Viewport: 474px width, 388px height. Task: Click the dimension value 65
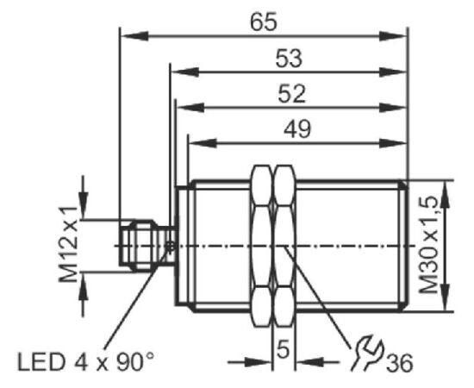click(264, 22)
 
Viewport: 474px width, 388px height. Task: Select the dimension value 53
click(289, 59)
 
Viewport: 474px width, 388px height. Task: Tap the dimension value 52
click(291, 94)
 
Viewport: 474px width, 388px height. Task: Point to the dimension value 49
click(297, 129)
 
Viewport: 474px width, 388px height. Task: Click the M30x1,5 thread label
click(428, 245)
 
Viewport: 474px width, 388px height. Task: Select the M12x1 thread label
click(69, 244)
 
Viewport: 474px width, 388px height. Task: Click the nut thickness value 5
click(283, 349)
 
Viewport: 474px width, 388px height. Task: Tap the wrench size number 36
click(399, 363)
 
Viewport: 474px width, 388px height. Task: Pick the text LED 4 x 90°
click(85, 361)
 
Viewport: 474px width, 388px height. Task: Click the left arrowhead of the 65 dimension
click(134, 36)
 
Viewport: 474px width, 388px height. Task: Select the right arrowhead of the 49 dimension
click(392, 143)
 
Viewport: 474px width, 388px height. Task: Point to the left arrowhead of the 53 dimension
click(185, 72)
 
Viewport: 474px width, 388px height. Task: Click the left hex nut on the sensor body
click(261, 246)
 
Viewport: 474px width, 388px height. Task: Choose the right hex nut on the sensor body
click(284, 246)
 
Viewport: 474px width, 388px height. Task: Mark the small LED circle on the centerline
click(171, 247)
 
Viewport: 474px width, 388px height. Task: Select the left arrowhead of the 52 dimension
click(190, 108)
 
